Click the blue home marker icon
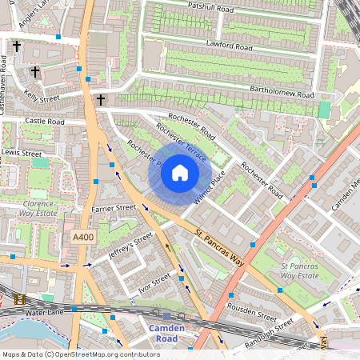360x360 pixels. pos(180,172)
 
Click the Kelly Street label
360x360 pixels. pos(42,98)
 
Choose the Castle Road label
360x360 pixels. pos(44,122)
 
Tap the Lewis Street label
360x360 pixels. pos(22,152)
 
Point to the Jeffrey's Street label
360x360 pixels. pos(130,246)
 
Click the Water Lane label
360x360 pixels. pos(43,310)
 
